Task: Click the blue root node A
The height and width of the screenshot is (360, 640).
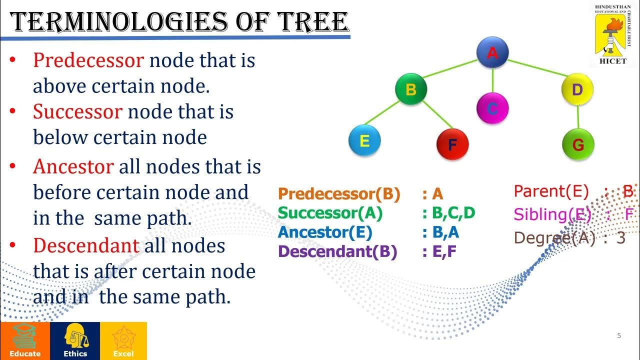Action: pyautogui.click(x=492, y=52)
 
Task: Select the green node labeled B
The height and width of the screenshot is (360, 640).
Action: pyautogui.click(x=411, y=90)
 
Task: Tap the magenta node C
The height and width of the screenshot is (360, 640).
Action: pyautogui.click(x=492, y=108)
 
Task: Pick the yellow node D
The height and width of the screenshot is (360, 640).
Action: pyautogui.click(x=577, y=90)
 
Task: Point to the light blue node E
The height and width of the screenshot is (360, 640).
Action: pyautogui.click(x=364, y=141)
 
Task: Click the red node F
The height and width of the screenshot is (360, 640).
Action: pyautogui.click(x=452, y=144)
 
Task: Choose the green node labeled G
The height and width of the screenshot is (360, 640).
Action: pyautogui.click(x=578, y=144)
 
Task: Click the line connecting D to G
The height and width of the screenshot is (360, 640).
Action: pyautogui.click(x=578, y=117)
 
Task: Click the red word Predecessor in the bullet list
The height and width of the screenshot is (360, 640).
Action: pyautogui.click(x=88, y=60)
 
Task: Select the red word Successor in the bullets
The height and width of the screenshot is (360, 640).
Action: pyautogui.click(x=77, y=111)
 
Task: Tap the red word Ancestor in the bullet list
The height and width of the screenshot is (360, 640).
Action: pyautogui.click(x=73, y=166)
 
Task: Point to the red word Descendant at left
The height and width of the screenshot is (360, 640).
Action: pyautogui.click(x=86, y=245)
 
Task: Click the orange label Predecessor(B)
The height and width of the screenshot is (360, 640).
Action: pyautogui.click(x=339, y=194)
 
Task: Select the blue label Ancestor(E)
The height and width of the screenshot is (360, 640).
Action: pyautogui.click(x=325, y=232)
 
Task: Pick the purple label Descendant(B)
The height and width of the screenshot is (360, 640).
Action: pyautogui.click(x=337, y=252)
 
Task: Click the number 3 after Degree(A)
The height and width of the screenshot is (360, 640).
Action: pyautogui.click(x=621, y=238)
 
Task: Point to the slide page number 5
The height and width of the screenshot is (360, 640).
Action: pyautogui.click(x=619, y=335)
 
